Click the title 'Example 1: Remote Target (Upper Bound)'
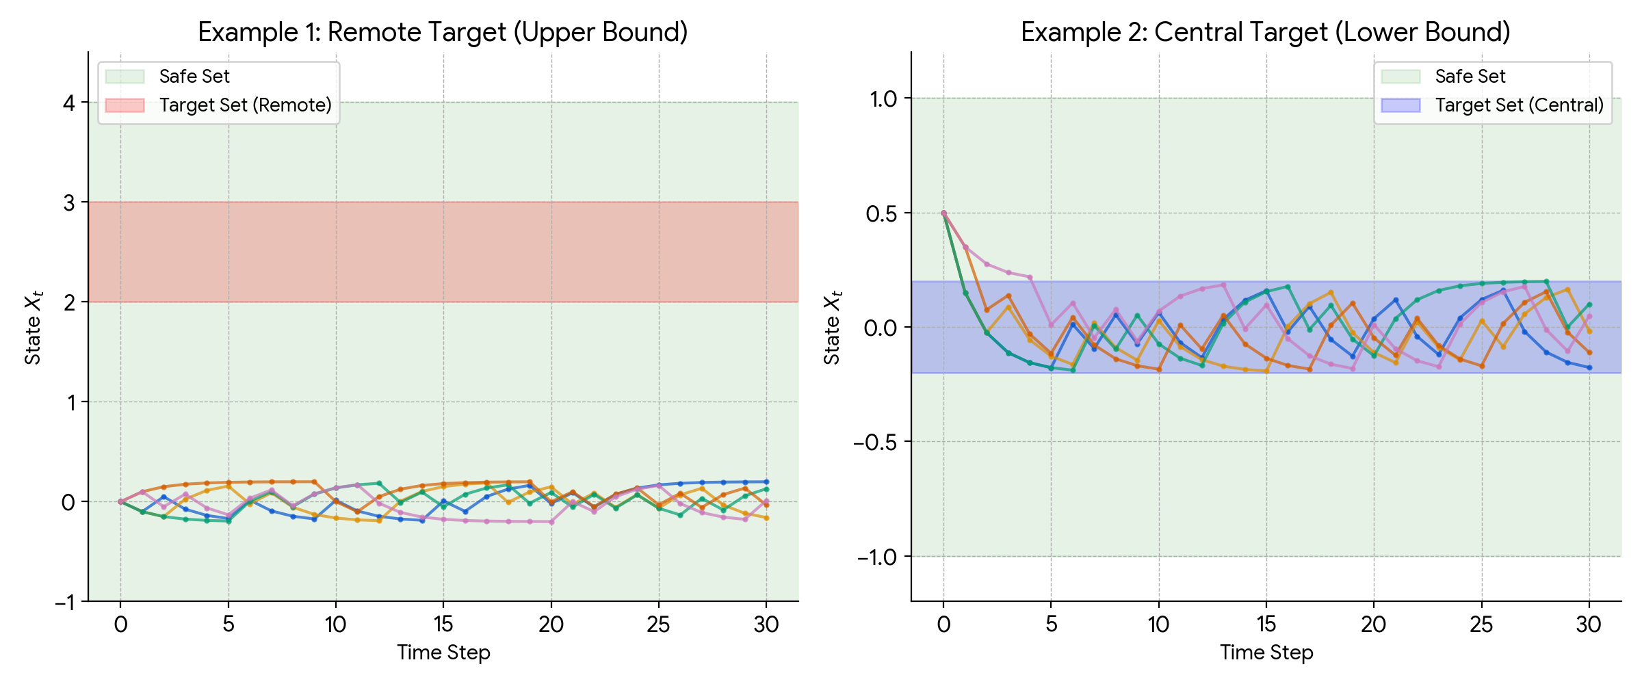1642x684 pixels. (x=443, y=32)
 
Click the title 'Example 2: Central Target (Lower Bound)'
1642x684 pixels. (x=1266, y=32)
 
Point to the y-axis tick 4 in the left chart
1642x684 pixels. (x=68, y=103)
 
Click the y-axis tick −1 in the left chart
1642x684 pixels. (x=66, y=603)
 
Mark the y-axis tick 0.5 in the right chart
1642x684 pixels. (x=881, y=213)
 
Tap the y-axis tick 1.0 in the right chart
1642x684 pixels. (x=883, y=99)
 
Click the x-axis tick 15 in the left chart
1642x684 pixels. (x=443, y=624)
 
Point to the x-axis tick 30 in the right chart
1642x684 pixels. (x=1589, y=624)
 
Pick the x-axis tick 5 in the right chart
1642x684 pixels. (x=1052, y=624)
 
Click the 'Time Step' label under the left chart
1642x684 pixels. (x=443, y=653)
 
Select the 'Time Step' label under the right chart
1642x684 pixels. (x=1266, y=653)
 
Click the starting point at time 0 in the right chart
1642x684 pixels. (x=943, y=213)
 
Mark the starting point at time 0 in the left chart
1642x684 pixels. (x=120, y=502)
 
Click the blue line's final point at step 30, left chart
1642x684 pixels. (x=766, y=482)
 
